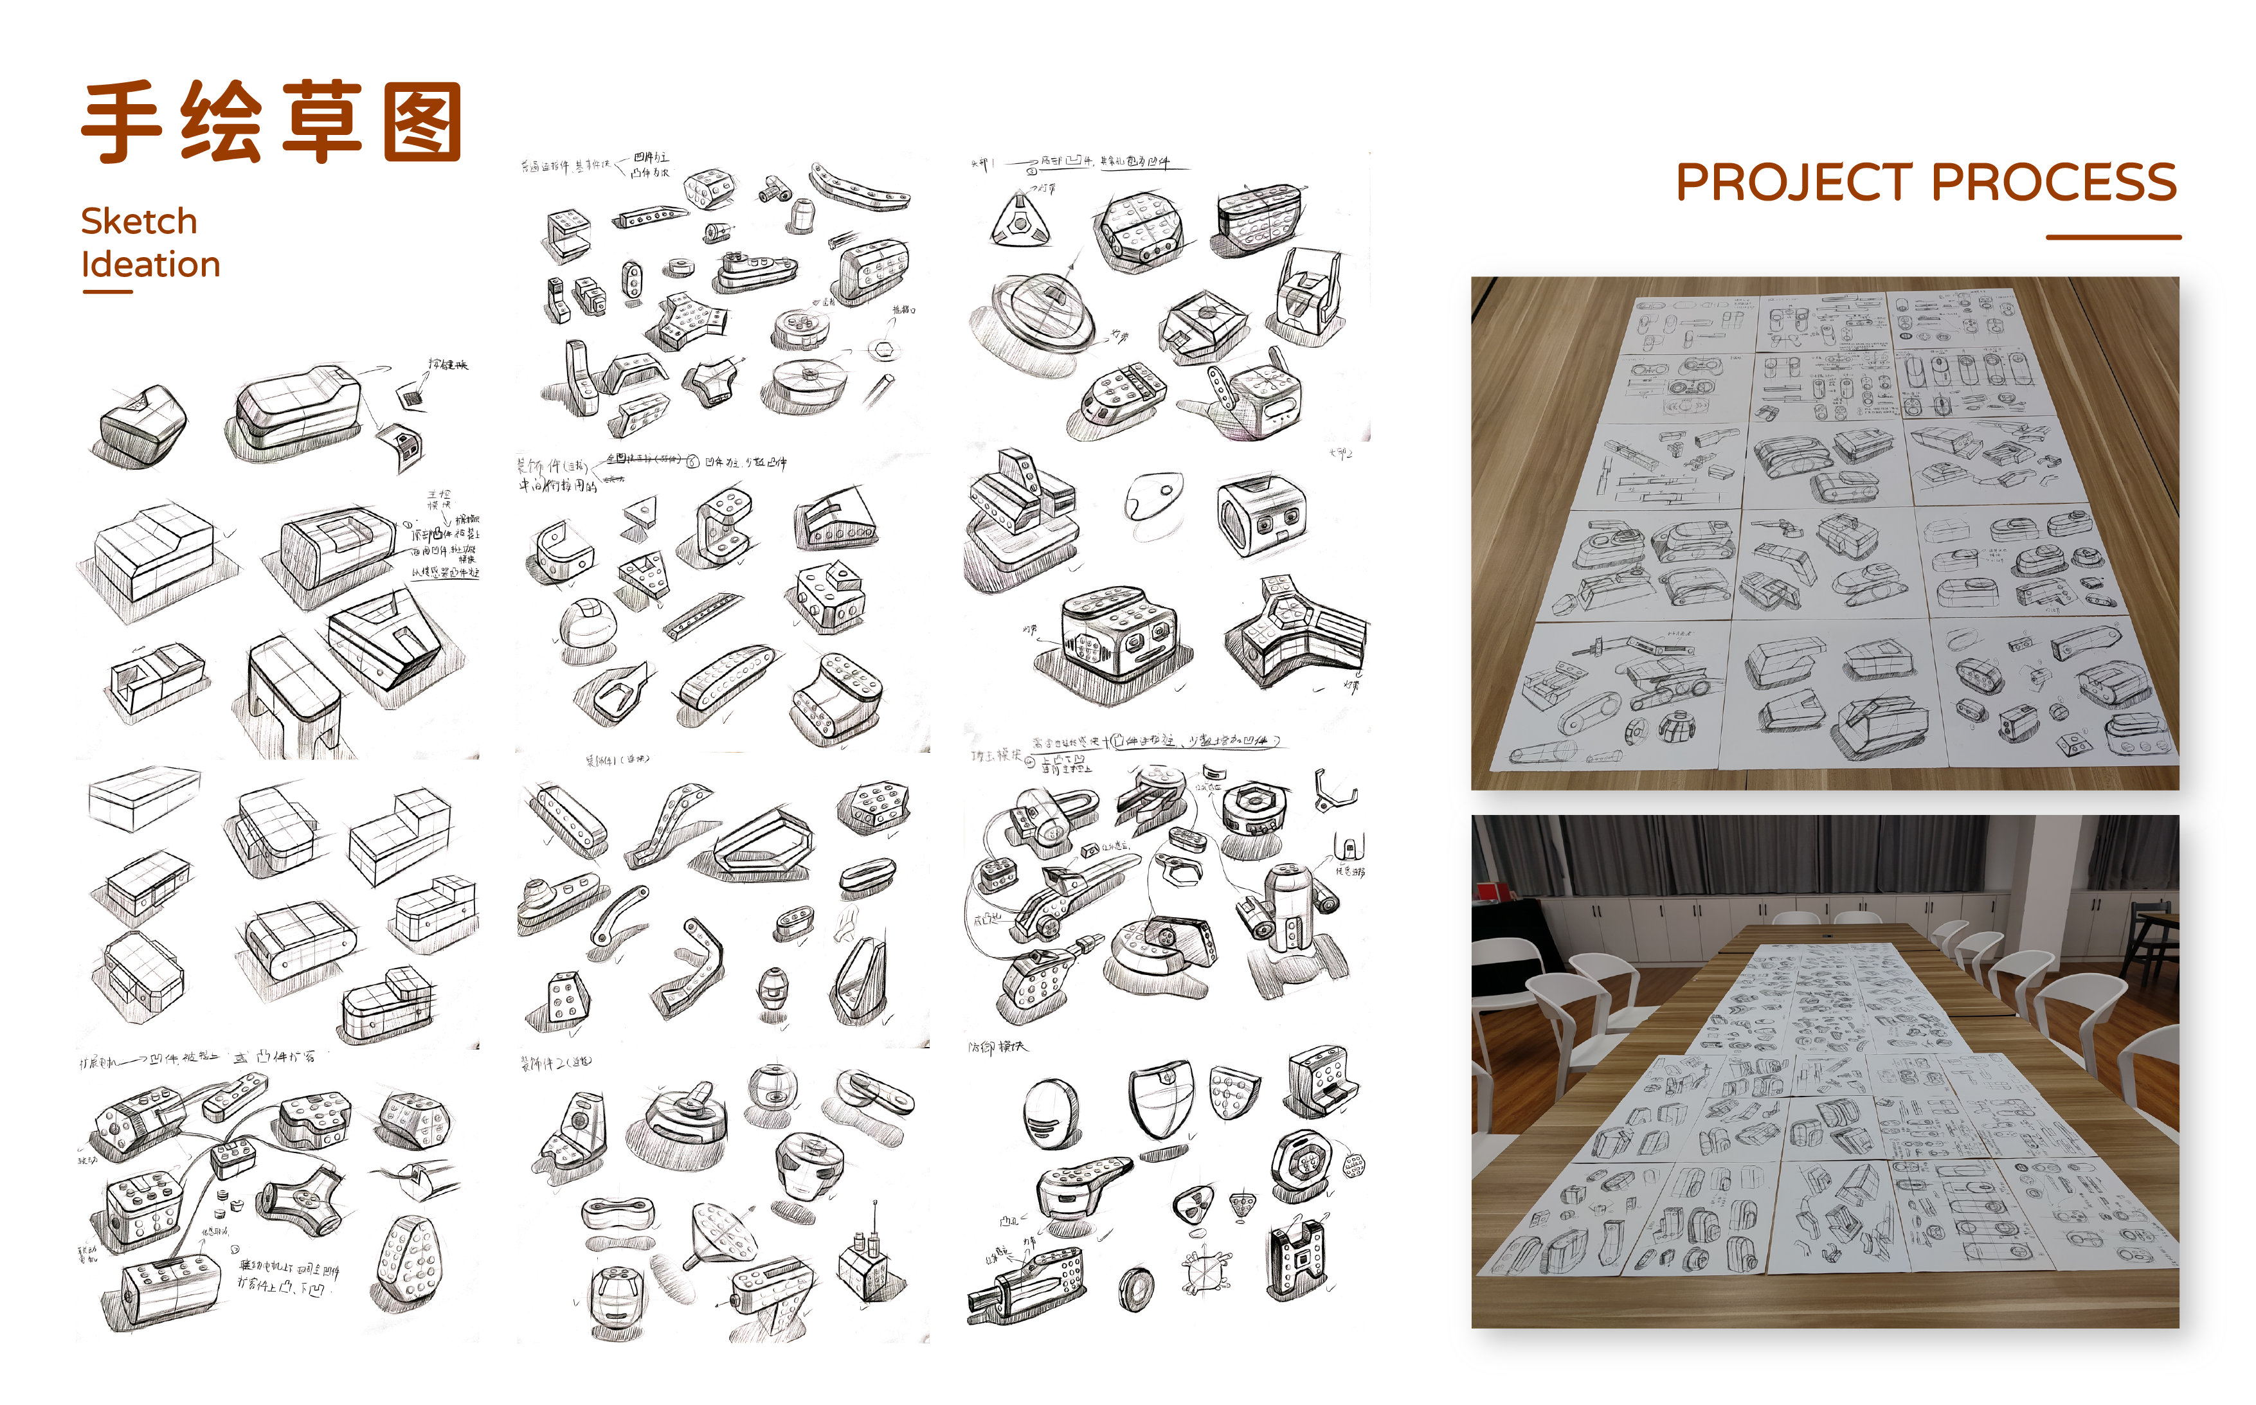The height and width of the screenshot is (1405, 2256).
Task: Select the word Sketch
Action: tap(140, 221)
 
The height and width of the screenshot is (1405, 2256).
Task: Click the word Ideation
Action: tap(150, 265)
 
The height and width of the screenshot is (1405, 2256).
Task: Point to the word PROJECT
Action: tap(1794, 182)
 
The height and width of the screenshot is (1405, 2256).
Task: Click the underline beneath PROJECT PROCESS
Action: tap(2113, 237)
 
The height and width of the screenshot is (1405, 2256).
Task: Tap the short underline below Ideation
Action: tap(108, 292)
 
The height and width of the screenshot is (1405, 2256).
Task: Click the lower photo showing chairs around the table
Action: tap(1824, 1071)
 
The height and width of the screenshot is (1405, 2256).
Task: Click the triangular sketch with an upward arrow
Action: tap(1020, 221)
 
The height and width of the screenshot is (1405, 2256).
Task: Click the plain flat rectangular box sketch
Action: tap(144, 796)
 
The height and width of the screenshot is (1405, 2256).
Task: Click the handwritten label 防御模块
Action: tap(997, 1047)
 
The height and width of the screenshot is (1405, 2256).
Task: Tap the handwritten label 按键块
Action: tap(448, 364)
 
